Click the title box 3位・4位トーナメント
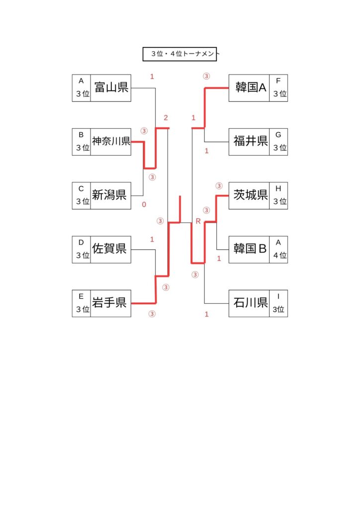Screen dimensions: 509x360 (x=180, y=54)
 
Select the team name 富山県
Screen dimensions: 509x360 (x=111, y=88)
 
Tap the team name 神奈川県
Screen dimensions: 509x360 (x=111, y=142)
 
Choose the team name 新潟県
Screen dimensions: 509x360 (x=111, y=195)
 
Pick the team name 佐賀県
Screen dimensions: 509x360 (x=111, y=249)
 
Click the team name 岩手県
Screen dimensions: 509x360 (x=111, y=303)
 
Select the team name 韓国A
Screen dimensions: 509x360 (x=249, y=88)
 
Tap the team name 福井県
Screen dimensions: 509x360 (x=249, y=142)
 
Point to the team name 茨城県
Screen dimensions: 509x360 (x=249, y=195)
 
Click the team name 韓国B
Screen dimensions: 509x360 (x=249, y=249)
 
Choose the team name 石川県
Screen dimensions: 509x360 (x=249, y=303)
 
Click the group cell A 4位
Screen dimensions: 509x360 (x=278, y=249)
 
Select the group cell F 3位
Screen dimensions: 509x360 (x=278, y=88)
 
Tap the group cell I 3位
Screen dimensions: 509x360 (x=278, y=303)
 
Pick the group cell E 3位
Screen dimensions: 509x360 (x=82, y=303)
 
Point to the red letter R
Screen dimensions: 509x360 (x=198, y=221)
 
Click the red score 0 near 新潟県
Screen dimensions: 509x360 (x=144, y=204)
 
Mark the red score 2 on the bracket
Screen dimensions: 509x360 (x=166, y=118)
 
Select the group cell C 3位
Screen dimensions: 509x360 (x=82, y=195)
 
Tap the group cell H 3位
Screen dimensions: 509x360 (x=278, y=195)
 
